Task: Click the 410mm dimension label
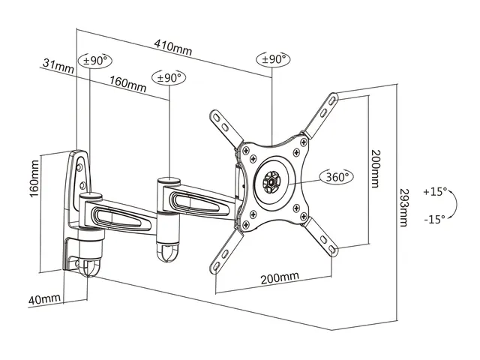click(x=173, y=47)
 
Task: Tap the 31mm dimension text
click(x=58, y=65)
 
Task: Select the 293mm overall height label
click(x=404, y=208)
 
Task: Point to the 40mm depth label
click(x=44, y=299)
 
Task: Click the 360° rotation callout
click(x=337, y=177)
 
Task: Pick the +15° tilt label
click(x=435, y=192)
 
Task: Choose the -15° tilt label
click(x=435, y=220)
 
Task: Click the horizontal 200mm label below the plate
click(x=280, y=277)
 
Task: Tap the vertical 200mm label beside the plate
click(x=375, y=168)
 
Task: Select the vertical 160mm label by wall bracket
click(x=34, y=178)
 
